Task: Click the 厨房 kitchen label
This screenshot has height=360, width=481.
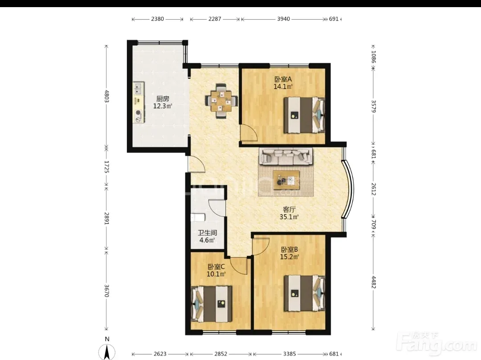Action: pyautogui.click(x=163, y=99)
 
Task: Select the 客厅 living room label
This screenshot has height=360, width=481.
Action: pyautogui.click(x=289, y=209)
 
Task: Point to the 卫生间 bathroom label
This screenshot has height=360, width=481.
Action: pyautogui.click(x=207, y=233)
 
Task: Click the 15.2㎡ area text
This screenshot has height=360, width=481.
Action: pyautogui.click(x=289, y=257)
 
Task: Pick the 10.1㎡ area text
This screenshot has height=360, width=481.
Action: pyautogui.click(x=216, y=274)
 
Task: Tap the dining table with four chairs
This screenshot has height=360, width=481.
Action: pyautogui.click(x=221, y=101)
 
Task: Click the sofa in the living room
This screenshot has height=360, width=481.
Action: pyautogui.click(x=285, y=156)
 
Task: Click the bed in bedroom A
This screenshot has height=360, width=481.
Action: pyautogui.click(x=304, y=115)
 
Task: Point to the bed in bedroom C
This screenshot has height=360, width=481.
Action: pyautogui.click(x=212, y=304)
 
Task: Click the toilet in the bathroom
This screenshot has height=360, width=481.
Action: pyautogui.click(x=198, y=217)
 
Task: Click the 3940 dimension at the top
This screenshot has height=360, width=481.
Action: pyautogui.click(x=283, y=19)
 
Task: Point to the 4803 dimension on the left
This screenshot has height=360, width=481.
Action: pyautogui.click(x=107, y=96)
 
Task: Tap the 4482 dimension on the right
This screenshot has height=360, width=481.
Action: pyautogui.click(x=374, y=282)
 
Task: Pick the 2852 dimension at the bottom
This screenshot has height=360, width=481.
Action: pyautogui.click(x=220, y=354)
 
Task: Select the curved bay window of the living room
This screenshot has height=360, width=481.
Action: pyautogui.click(x=349, y=189)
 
